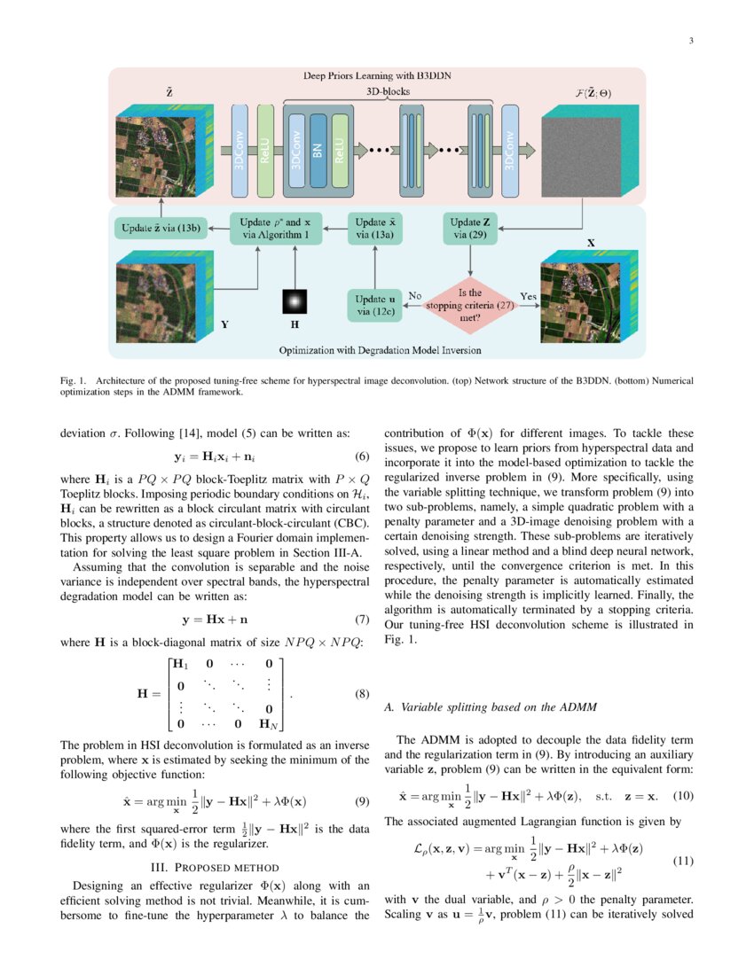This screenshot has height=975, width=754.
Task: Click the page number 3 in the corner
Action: pyautogui.click(x=691, y=40)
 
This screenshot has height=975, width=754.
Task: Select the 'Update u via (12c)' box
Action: pyautogui.click(x=374, y=305)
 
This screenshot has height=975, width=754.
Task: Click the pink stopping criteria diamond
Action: pyautogui.click(x=471, y=302)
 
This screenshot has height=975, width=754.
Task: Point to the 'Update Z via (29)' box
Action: pyautogui.click(x=470, y=228)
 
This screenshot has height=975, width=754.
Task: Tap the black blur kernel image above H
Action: pyautogui.click(x=294, y=301)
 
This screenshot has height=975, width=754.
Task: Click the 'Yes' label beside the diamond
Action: pyautogui.click(x=529, y=298)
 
